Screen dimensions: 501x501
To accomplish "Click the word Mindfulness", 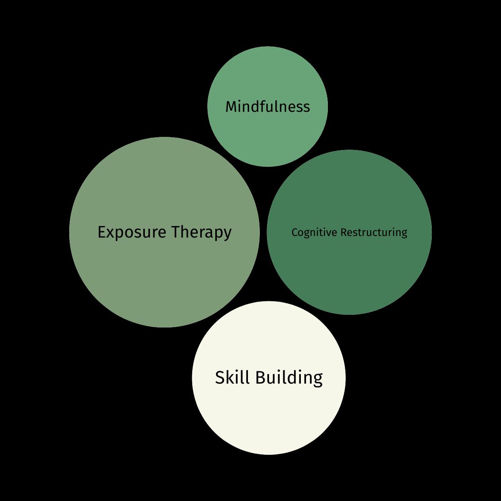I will point(267,107).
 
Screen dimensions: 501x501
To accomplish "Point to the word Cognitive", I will point(314,232).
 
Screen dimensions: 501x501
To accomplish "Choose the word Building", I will point(289,378).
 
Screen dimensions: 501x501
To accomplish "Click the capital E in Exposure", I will point(101,232).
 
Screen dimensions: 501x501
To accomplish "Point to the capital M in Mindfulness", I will point(231,107).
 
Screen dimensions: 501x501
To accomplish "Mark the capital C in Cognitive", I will point(294,232).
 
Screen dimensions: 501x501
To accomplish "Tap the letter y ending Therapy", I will point(228,234).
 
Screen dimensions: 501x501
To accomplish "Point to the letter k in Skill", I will point(230,377).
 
